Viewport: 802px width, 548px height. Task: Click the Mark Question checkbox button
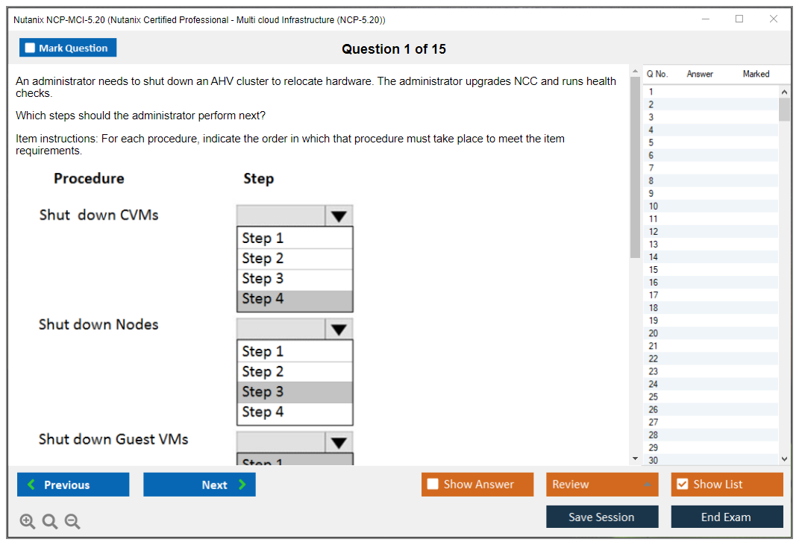point(67,48)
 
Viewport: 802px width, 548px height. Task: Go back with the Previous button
point(73,485)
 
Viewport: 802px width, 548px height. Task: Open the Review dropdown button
point(602,484)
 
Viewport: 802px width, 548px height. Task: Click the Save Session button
point(602,517)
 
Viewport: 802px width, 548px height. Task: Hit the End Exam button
point(727,517)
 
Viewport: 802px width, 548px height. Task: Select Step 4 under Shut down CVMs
point(295,299)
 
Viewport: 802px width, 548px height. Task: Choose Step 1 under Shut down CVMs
point(295,239)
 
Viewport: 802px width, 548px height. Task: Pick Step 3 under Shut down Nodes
point(295,392)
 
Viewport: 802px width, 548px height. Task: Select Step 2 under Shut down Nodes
point(295,371)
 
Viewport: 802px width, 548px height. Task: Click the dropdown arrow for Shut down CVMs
point(339,215)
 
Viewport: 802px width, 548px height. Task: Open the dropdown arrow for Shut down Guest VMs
point(339,442)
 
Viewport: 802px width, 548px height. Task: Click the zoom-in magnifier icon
point(27,521)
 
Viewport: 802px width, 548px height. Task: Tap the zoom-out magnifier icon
point(72,521)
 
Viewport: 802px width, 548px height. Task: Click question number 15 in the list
point(653,269)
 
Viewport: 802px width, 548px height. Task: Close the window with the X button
point(774,19)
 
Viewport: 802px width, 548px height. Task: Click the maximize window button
point(739,19)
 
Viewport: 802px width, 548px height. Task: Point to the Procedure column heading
point(89,178)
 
